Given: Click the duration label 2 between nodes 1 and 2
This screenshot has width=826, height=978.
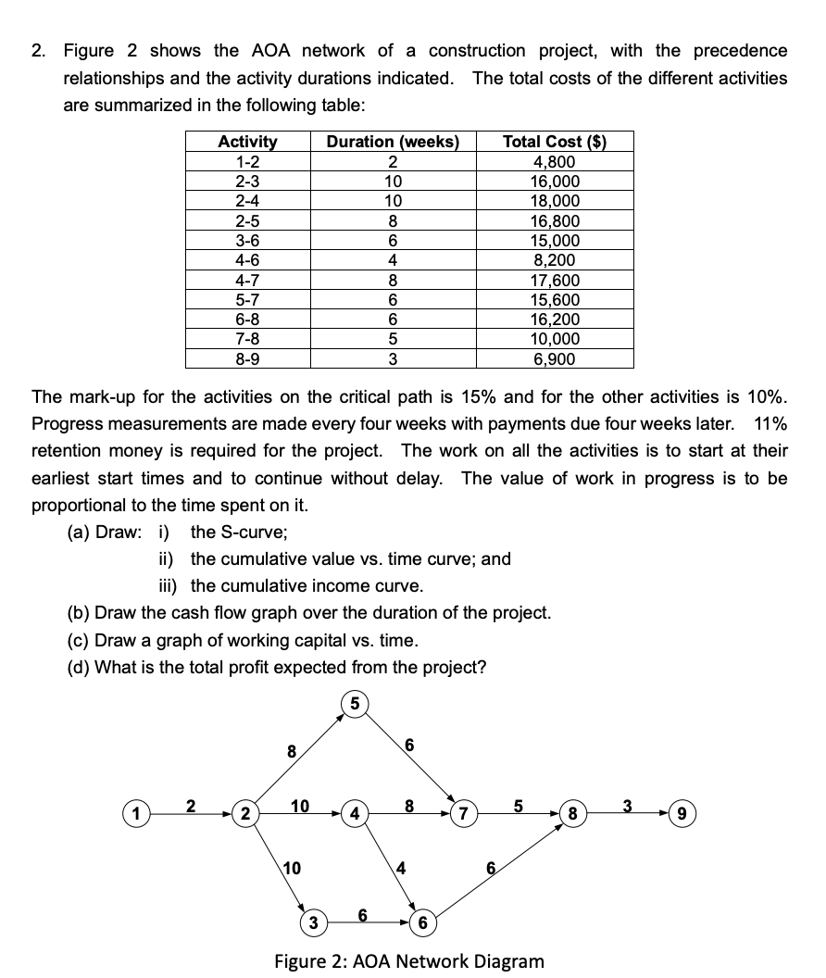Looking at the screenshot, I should pyautogui.click(x=191, y=804).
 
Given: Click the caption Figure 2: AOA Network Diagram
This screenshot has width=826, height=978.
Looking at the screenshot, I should pyautogui.click(x=409, y=960).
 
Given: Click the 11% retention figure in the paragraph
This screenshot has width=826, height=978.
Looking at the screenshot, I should pyautogui.click(x=770, y=424).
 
